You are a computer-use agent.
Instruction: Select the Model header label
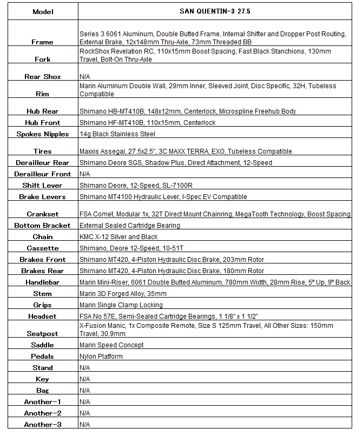point(43,11)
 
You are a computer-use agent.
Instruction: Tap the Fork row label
point(43,60)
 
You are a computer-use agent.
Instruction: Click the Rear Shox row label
point(43,77)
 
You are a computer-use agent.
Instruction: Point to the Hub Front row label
point(43,123)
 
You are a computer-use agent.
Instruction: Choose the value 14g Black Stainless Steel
point(117,134)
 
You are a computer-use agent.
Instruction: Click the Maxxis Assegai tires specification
point(186,151)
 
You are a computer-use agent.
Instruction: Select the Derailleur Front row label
point(43,174)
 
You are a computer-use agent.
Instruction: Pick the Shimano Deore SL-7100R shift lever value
point(136,186)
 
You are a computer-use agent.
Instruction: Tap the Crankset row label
point(43,214)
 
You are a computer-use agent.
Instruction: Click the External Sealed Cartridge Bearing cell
point(130,226)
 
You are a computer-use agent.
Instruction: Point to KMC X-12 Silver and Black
point(118,237)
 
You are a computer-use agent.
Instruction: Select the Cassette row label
point(43,248)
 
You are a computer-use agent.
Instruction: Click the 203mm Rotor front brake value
point(172,260)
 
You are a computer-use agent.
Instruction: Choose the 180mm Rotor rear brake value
point(172,271)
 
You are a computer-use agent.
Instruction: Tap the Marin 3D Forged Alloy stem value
point(123,294)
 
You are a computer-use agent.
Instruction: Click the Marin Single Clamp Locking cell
point(121,305)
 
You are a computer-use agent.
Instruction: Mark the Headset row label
point(43,317)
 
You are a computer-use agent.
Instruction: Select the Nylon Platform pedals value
point(101,357)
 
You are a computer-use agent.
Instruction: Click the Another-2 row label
point(43,413)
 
